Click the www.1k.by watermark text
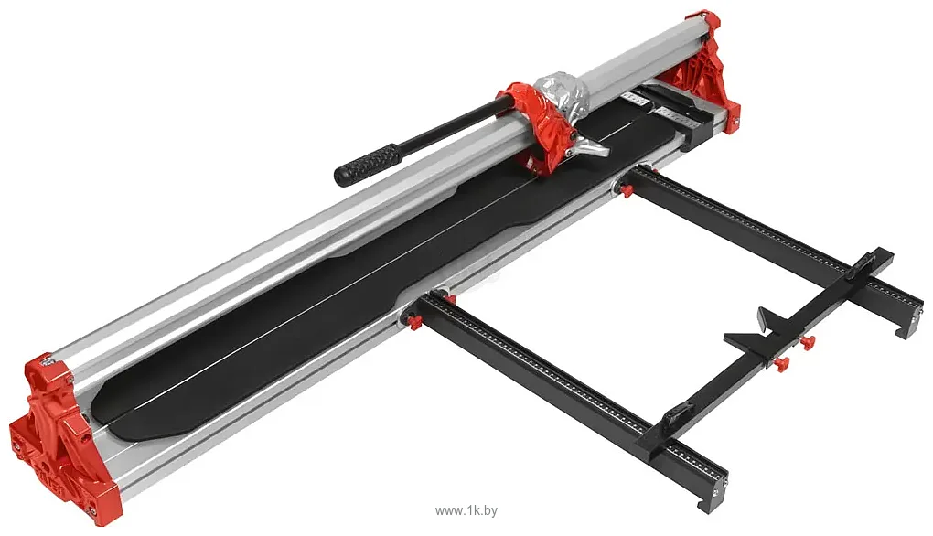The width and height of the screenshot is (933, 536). click(x=466, y=510)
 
